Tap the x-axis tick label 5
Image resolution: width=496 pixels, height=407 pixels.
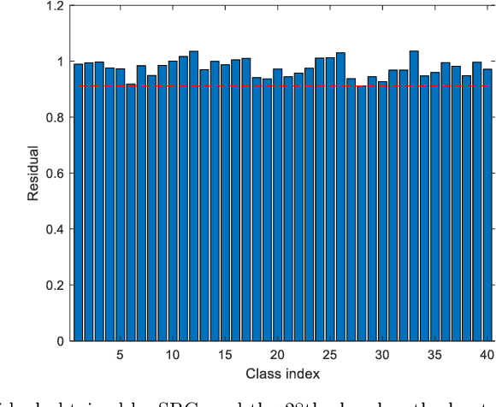point(120,355)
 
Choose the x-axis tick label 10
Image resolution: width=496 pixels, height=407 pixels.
point(173,355)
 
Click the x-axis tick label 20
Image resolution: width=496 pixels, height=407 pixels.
point(277,355)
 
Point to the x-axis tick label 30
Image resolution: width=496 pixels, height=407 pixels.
point(382,355)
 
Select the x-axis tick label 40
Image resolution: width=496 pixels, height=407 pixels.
point(487,355)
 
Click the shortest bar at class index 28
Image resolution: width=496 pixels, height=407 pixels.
point(361,214)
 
